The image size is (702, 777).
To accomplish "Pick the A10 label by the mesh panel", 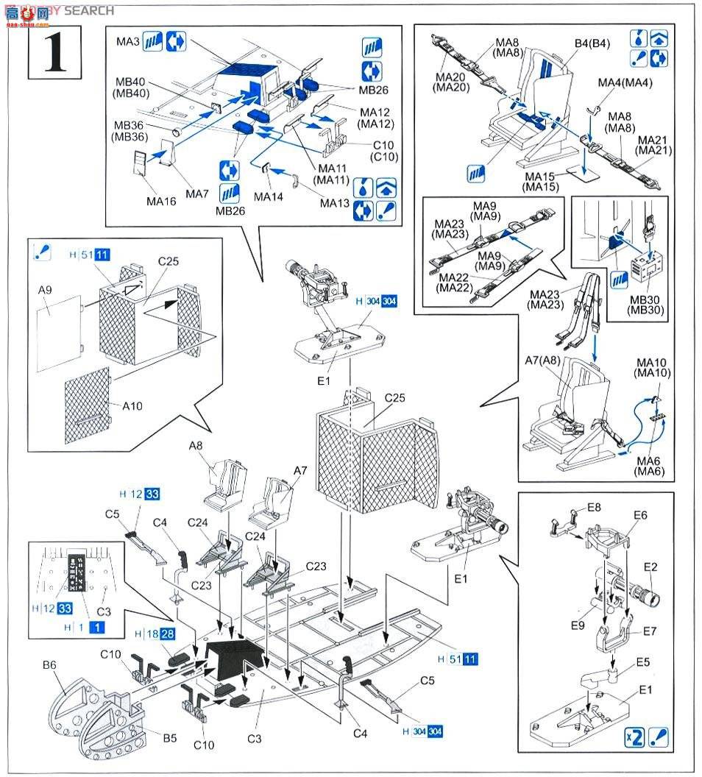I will tap(127, 405).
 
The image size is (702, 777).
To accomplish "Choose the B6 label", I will tap(49, 664).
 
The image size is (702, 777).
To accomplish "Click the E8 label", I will tap(594, 508).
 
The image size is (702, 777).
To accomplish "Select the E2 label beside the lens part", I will tap(650, 567).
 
